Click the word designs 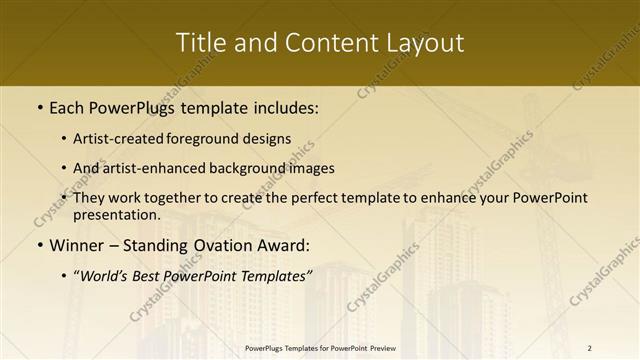(269, 139)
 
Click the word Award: (284, 245)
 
